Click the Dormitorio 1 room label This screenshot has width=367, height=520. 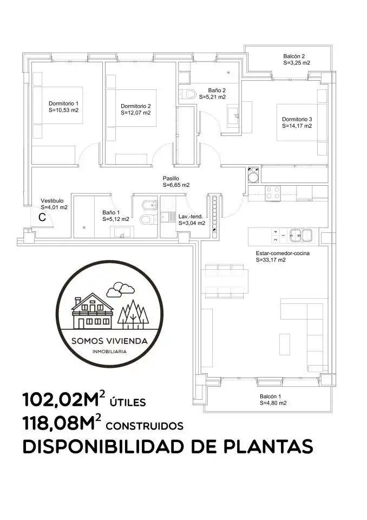pos(64,103)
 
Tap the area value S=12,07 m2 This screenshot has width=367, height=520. pos(135,113)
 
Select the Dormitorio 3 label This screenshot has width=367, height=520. pos(297,119)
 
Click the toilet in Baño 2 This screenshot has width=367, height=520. pos(188,94)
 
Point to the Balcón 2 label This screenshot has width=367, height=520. pos(294,56)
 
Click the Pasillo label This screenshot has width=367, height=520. pos(171,178)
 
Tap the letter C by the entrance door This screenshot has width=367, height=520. pos(42,218)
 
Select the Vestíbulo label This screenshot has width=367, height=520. pos(52,200)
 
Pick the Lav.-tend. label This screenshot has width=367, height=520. pos(191,217)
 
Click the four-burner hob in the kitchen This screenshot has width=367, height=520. pos(272,192)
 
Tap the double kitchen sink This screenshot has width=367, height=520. pos(301,235)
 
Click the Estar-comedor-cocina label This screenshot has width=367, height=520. pos(283,253)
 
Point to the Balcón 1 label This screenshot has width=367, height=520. pos(271,396)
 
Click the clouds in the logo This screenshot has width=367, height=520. pos(120,289)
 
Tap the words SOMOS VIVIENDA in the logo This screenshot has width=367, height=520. pos(110,341)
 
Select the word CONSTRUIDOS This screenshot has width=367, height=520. pos(145,426)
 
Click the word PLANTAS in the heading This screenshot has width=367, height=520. pos(268,446)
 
